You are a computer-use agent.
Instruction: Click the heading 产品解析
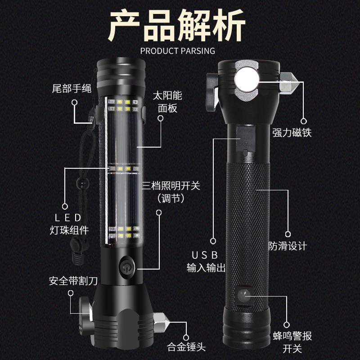tap(177, 26)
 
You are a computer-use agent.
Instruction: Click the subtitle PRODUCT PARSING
tap(177, 50)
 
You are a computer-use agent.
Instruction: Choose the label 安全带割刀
tap(73, 281)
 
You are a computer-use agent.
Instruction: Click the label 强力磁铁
tap(292, 133)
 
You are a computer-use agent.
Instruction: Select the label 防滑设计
tap(288, 246)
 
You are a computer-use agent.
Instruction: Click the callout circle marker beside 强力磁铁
tap(303, 121)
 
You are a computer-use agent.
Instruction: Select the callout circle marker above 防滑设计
tap(288, 234)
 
